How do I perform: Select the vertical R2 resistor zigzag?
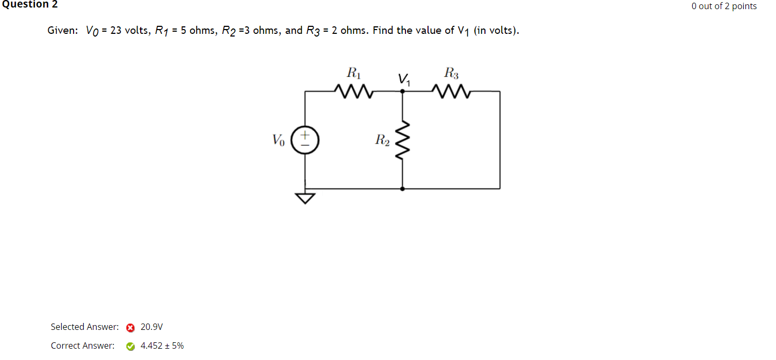tap(403, 140)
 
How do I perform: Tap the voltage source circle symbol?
tap(305, 141)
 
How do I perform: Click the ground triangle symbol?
tap(306, 199)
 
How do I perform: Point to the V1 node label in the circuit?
tap(404, 80)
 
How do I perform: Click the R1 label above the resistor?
tap(353, 72)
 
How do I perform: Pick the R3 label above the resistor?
tap(452, 72)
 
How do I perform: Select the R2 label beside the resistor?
tap(382, 141)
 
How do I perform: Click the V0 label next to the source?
tap(278, 141)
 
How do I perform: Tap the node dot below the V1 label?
tap(403, 92)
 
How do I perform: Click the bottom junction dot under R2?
tap(403, 189)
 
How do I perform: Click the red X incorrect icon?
tap(130, 327)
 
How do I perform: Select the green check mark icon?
tap(130, 346)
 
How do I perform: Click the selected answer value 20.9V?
tap(151, 327)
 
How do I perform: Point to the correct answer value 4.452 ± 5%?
tap(162, 345)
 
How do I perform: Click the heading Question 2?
tap(29, 5)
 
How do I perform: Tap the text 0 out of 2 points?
tap(724, 6)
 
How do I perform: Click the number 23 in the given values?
tap(115, 31)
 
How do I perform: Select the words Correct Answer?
tap(82, 345)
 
